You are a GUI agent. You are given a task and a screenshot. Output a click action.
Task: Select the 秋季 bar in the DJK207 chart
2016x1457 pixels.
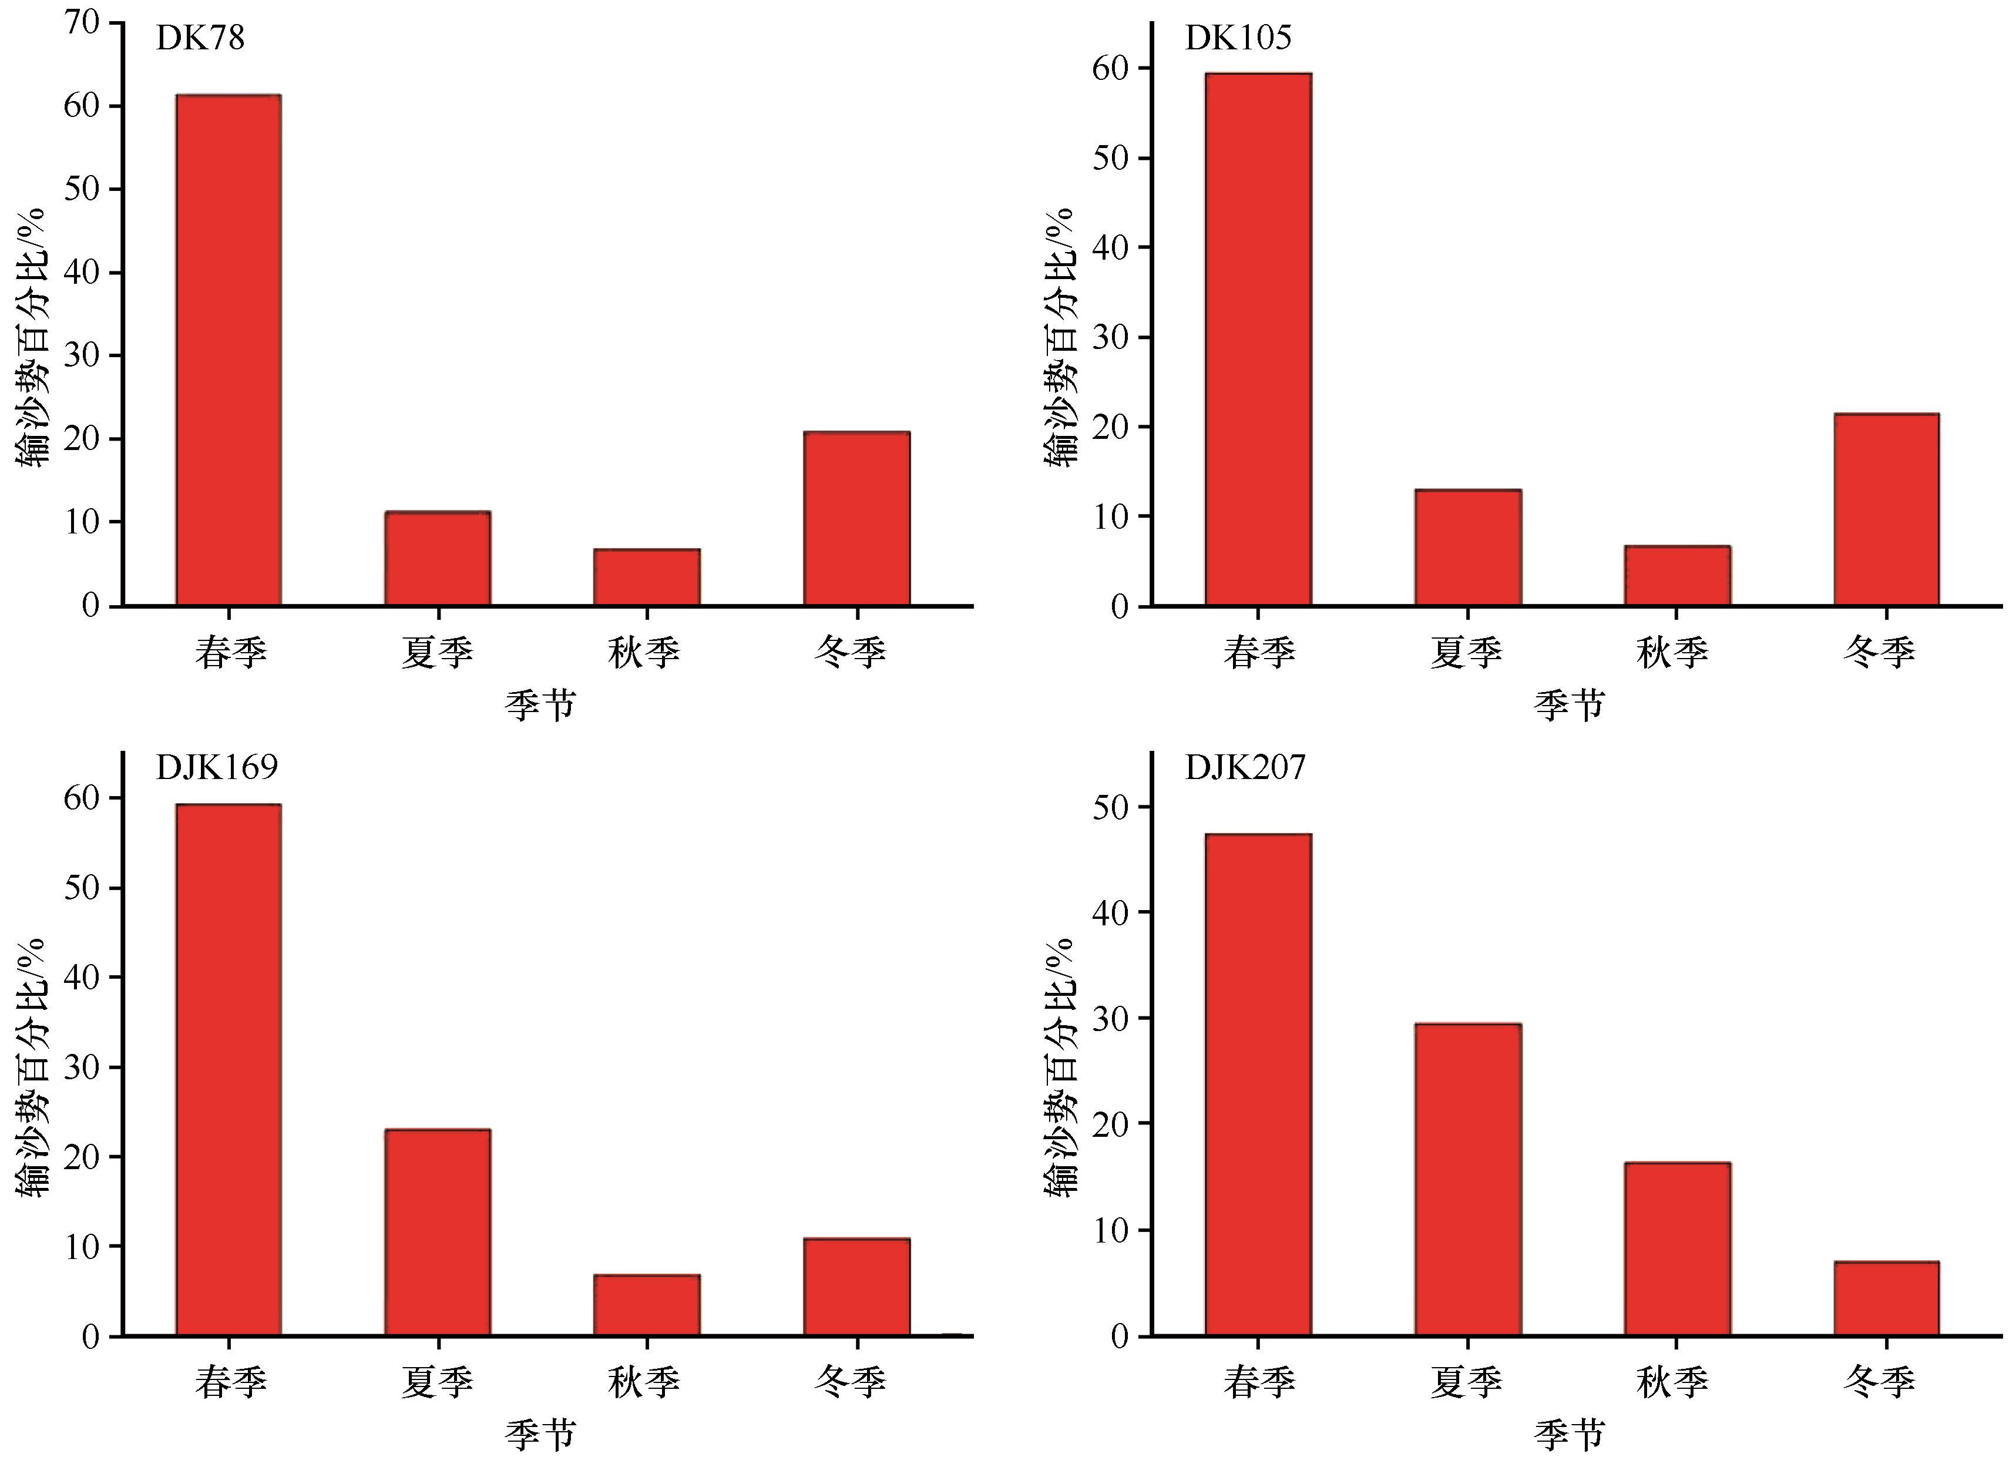coord(1676,1249)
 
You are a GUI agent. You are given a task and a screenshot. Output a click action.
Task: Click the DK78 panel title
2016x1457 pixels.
coord(200,38)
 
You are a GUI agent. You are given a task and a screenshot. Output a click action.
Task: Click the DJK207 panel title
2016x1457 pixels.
coord(1245,767)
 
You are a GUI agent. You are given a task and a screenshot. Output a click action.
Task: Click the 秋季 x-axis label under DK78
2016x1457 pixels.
coord(644,653)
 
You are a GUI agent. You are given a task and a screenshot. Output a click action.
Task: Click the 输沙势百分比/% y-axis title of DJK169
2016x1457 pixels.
coord(32,1067)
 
